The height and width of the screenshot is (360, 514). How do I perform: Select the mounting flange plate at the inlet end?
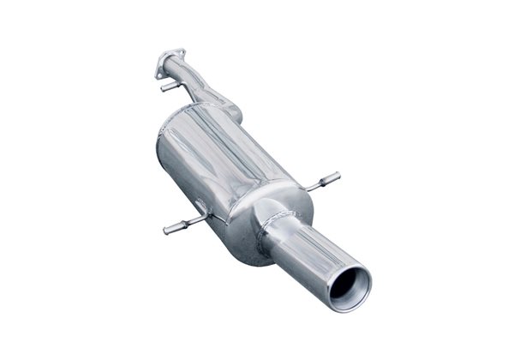(170, 63)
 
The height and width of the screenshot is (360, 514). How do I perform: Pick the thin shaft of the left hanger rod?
(190, 223)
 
